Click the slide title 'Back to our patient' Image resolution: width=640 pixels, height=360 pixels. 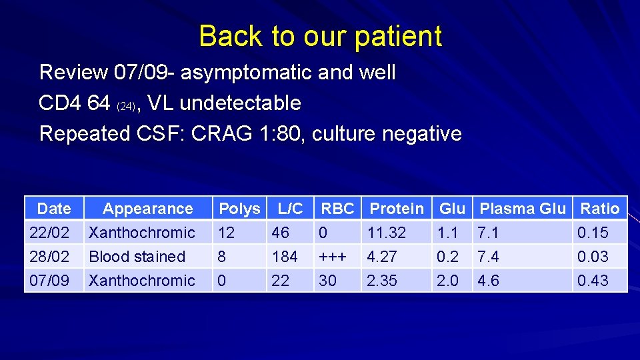click(x=320, y=36)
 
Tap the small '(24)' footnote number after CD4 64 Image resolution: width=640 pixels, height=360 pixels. click(x=127, y=106)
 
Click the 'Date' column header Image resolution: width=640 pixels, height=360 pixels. click(x=54, y=209)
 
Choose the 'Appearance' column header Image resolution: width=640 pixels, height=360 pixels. click(x=147, y=209)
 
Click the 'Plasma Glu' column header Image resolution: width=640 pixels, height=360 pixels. click(x=522, y=209)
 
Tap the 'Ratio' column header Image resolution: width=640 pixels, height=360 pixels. click(x=599, y=209)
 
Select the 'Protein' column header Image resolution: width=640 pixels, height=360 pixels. click(x=397, y=209)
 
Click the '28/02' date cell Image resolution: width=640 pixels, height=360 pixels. click(x=49, y=257)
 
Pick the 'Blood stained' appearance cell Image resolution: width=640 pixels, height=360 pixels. click(x=137, y=257)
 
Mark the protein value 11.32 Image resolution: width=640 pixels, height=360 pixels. click(x=386, y=233)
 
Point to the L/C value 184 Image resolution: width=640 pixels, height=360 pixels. click(x=284, y=257)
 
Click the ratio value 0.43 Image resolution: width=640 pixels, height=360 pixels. click(x=593, y=281)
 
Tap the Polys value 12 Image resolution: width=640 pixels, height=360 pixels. click(x=227, y=233)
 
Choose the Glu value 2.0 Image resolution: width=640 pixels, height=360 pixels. click(x=447, y=281)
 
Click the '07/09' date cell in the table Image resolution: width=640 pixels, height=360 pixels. click(x=49, y=281)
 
